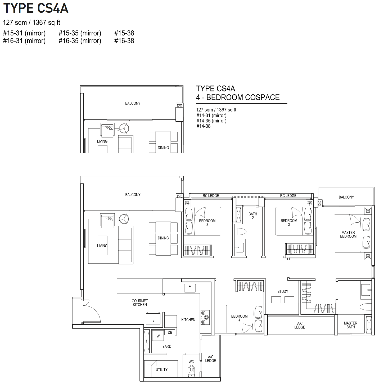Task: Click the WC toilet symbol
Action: point(191,372)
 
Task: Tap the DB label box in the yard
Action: point(170,332)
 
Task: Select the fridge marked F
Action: point(153,318)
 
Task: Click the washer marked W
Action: point(158,336)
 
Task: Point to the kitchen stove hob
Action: point(205,318)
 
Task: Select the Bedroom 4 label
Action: point(239,318)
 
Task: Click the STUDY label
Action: point(283,291)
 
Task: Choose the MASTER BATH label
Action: point(350,325)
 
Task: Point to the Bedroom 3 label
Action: point(207,223)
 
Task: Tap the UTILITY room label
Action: point(162,370)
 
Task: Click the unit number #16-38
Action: point(124,41)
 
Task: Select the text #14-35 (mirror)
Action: point(211,121)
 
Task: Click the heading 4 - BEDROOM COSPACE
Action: point(238,97)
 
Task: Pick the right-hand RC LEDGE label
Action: point(288,196)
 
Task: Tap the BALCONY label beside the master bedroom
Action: point(346,197)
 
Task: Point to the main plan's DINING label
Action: point(163,238)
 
